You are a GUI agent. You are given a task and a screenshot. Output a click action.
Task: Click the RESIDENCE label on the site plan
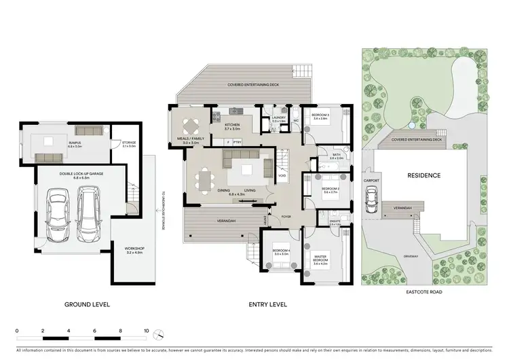(424, 175)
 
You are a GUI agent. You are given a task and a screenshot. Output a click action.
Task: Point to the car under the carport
(371, 198)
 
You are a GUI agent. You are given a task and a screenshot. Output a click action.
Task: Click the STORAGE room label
(128, 143)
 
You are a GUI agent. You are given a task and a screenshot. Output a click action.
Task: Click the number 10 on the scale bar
(147, 332)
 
